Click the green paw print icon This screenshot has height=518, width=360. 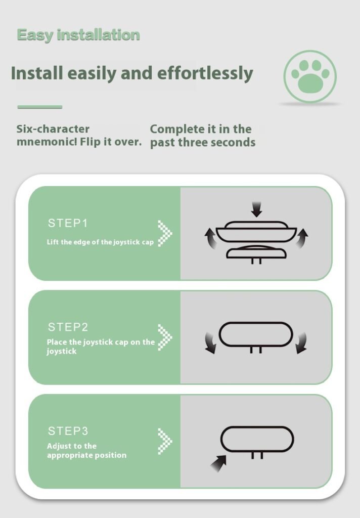pos(310,77)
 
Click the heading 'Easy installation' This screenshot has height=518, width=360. pos(78,35)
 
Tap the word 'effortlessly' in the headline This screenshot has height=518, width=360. pos(205,73)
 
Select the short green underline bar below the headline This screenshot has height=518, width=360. pos(39,107)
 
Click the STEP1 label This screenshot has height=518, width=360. pos(68,223)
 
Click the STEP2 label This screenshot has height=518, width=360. pos(68,327)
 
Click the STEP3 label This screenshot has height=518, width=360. pos(68,431)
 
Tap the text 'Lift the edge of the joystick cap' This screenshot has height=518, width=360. pos(100,242)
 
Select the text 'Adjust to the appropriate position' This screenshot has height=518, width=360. pos(86,451)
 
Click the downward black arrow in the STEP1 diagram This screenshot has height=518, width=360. pos(257,209)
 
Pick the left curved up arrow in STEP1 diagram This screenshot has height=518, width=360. pos(210,238)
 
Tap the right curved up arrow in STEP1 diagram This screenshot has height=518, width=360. pos(302,237)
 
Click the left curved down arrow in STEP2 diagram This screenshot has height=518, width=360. pos(211,343)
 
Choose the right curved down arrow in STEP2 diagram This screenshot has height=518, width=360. pos(301,343)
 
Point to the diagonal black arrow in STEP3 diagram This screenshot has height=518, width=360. pos(218,463)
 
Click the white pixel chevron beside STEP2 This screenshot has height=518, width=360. pos(165,337)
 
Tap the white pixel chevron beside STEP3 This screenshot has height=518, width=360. pos(165,441)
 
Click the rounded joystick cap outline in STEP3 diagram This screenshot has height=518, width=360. pos(257,427)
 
